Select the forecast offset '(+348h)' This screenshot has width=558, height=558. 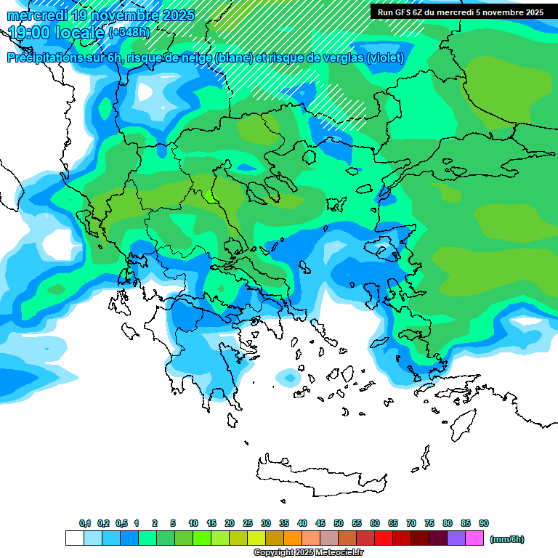pyautogui.click(x=129, y=33)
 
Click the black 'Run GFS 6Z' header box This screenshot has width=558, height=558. pyautogui.click(x=460, y=12)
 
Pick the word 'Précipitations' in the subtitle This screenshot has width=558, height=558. pyautogui.click(x=46, y=58)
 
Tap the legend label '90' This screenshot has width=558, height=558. pyautogui.click(x=484, y=523)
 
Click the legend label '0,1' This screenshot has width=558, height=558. pyautogui.click(x=84, y=523)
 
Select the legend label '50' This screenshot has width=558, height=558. pyautogui.click(x=339, y=523)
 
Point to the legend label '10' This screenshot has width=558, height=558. pyautogui.click(x=193, y=523)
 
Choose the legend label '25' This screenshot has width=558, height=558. pyautogui.click(x=248, y=523)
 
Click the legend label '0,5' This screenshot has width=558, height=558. pyautogui.click(x=121, y=523)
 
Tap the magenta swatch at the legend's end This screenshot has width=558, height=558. pyautogui.click(x=474, y=538)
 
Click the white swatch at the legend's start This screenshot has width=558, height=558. pyautogui.click(x=74, y=538)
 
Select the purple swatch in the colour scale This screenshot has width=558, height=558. pyautogui.click(x=456, y=538)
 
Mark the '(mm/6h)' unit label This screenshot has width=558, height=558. pyautogui.click(x=506, y=539)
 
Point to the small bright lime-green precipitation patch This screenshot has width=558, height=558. pyautogui.click(x=211, y=195)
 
